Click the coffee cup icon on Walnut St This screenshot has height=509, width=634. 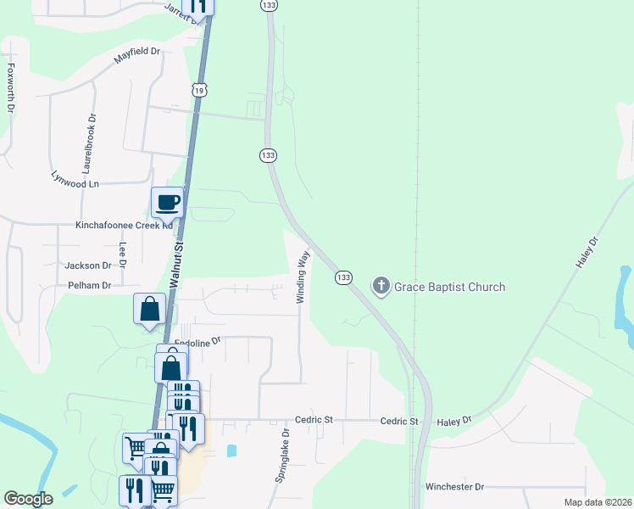click(x=167, y=203)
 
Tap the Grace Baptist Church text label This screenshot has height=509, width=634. click(x=449, y=287)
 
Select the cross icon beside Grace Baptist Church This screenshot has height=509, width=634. click(x=381, y=286)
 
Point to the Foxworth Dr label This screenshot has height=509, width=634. click(x=11, y=88)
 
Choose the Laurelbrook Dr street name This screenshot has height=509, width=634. click(x=87, y=140)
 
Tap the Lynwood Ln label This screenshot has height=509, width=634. click(x=75, y=180)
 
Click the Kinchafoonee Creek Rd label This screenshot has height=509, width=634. click(x=124, y=226)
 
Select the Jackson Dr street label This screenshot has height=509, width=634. click(x=88, y=266)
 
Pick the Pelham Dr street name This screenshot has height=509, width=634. click(x=89, y=286)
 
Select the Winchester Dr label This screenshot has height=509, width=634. click(x=454, y=487)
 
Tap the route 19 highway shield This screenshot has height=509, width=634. click(x=197, y=90)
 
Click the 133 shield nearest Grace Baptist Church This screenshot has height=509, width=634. click(x=343, y=278)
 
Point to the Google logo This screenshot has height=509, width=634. click(x=28, y=499)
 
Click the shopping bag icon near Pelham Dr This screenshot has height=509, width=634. click(x=149, y=309)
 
